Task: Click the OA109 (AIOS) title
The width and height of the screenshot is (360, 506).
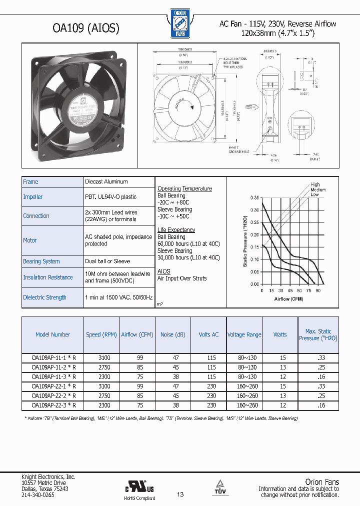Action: [x=86, y=28]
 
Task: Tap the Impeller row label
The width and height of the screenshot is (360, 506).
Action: [x=33, y=197]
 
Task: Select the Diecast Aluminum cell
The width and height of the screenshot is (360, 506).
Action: [x=106, y=181]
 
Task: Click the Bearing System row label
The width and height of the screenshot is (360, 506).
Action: [x=41, y=261]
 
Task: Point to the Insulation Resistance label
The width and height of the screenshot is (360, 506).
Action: [x=48, y=277]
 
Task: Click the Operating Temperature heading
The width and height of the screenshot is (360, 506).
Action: [x=184, y=188]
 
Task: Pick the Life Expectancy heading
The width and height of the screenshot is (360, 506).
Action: [x=176, y=230]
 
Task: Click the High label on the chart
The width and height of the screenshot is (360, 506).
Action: [x=315, y=184]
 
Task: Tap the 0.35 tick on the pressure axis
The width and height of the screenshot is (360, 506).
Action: [x=254, y=198]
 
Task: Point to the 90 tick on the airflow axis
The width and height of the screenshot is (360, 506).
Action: [x=318, y=290]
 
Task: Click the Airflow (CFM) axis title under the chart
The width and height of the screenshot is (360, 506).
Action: [x=289, y=299]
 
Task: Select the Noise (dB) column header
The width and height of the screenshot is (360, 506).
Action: [x=172, y=334]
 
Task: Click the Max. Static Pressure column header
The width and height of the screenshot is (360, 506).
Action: [x=318, y=334]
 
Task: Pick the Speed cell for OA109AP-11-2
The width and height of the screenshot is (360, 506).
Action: [x=101, y=367]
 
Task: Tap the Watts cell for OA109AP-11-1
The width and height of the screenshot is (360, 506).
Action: [x=283, y=358]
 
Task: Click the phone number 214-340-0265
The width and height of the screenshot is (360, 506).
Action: [x=38, y=494]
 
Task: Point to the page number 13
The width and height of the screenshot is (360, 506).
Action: [x=180, y=494]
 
